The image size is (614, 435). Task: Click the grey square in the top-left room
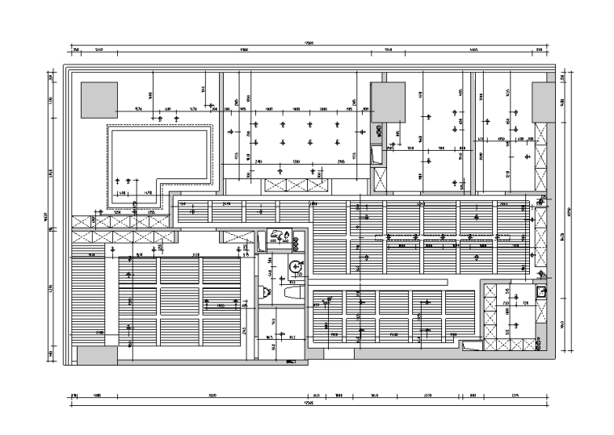coord(99,100)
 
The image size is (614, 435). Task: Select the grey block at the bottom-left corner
coord(96,353)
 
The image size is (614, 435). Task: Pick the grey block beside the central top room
coord(386,102)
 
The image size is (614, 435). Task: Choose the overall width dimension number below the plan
coord(308,403)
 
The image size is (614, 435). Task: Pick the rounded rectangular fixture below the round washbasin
coord(292,296)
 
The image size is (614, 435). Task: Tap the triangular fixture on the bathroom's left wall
coord(262,291)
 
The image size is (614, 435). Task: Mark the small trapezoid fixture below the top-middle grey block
coord(374,154)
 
